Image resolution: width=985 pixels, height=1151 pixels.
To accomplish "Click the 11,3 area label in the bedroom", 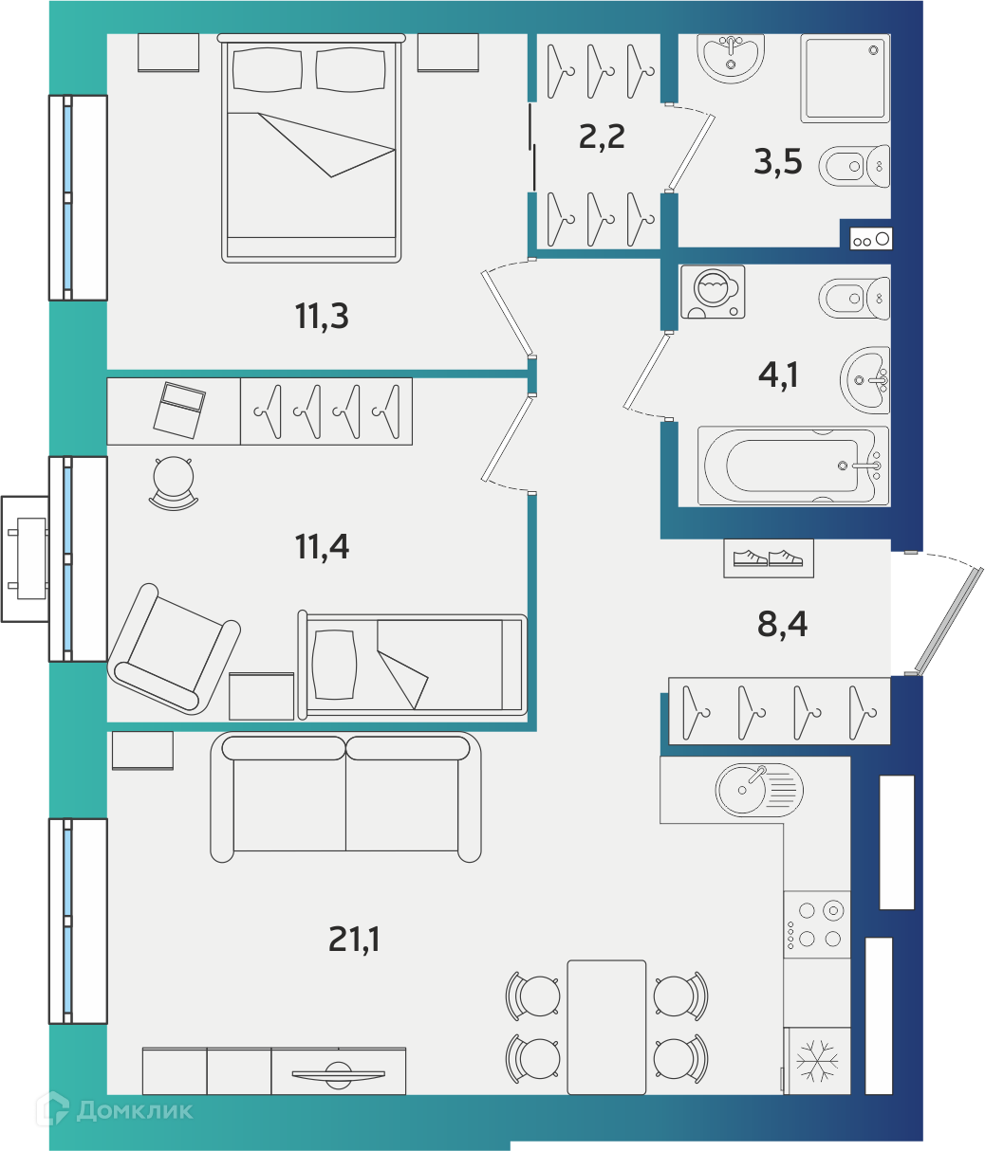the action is tap(322, 316).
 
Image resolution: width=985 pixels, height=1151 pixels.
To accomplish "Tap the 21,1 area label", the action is tap(354, 939).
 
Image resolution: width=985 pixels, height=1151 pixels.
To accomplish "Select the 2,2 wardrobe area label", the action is tap(602, 137).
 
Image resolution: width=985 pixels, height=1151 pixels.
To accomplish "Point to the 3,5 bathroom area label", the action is tap(777, 161).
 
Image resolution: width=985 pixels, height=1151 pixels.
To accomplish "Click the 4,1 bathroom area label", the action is tap(778, 375).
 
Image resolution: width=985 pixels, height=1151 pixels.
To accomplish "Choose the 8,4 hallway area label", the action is tap(782, 624).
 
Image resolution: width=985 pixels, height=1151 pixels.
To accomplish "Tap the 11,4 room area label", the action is tap(323, 546).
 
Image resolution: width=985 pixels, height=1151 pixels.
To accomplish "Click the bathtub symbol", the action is tap(793, 466).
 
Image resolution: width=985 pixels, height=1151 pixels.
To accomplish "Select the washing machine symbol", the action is tap(713, 291).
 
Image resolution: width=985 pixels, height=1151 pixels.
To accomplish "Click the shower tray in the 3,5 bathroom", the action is tap(846, 78).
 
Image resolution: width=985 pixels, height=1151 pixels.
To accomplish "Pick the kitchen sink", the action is tap(759, 790).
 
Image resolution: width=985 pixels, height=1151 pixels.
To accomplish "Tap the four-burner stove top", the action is tap(817, 924).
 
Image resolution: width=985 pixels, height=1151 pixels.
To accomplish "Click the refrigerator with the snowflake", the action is tap(817, 1061).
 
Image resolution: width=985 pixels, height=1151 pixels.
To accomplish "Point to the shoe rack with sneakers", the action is tap(769, 557).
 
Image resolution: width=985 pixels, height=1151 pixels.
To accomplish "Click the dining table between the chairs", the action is tap(606, 1028).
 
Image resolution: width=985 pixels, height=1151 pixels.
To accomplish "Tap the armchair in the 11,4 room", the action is tap(174, 649).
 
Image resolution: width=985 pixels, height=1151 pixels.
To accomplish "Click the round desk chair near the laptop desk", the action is tap(174, 483).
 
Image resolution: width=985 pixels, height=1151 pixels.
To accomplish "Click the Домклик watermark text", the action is tap(135, 1111).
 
